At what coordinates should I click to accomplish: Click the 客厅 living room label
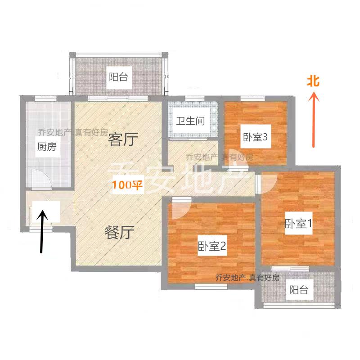tap(123, 139)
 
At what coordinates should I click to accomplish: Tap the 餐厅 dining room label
tap(119, 232)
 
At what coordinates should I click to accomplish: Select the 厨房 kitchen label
tap(47, 147)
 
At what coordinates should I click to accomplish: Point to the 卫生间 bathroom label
tap(190, 121)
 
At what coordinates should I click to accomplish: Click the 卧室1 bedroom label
tap(298, 223)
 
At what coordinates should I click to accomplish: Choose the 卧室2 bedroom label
tap(212, 246)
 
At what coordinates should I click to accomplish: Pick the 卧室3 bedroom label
tap(255, 137)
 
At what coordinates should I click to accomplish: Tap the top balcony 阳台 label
tap(118, 77)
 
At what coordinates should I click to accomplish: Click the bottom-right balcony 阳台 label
tap(299, 289)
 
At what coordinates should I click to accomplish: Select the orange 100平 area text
tap(127, 185)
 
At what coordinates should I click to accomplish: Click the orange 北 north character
tap(313, 81)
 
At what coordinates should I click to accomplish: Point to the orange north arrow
tap(313, 119)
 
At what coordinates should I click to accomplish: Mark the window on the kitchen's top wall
tap(45, 99)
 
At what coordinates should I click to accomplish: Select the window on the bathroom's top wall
tap(195, 99)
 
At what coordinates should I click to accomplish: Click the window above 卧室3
tap(252, 99)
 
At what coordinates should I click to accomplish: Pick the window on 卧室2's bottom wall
tap(211, 286)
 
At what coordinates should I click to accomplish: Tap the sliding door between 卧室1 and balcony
tap(290, 269)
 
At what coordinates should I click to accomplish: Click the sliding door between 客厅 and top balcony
tap(118, 99)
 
